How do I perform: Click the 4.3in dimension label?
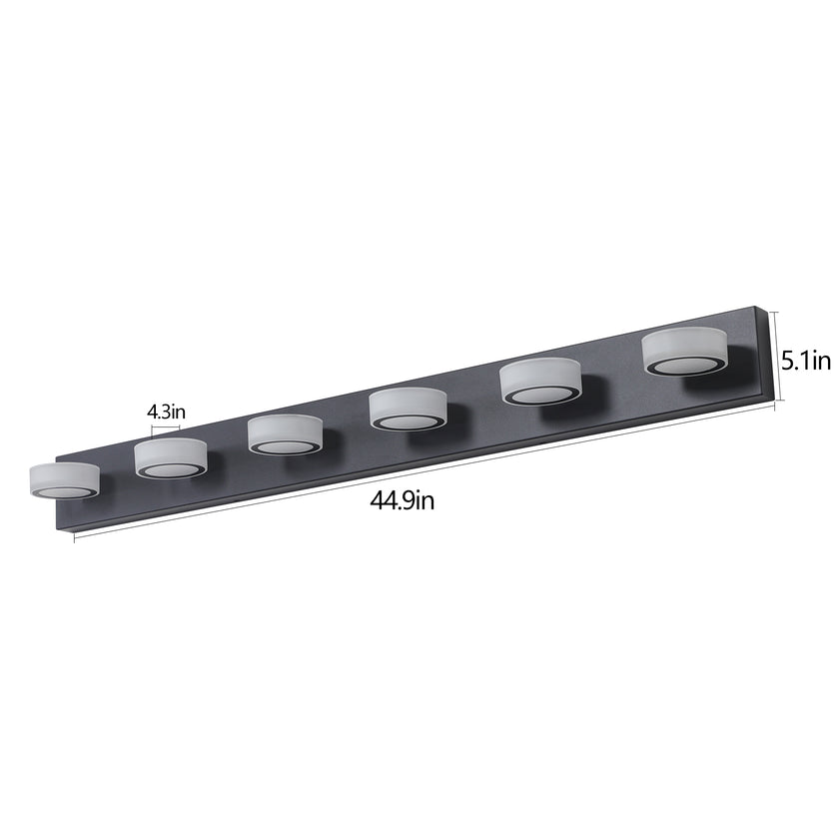pyautogui.click(x=166, y=411)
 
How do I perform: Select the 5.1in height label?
pyautogui.click(x=807, y=361)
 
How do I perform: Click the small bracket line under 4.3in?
pyautogui.click(x=166, y=426)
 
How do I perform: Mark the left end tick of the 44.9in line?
pyautogui.click(x=76, y=537)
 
